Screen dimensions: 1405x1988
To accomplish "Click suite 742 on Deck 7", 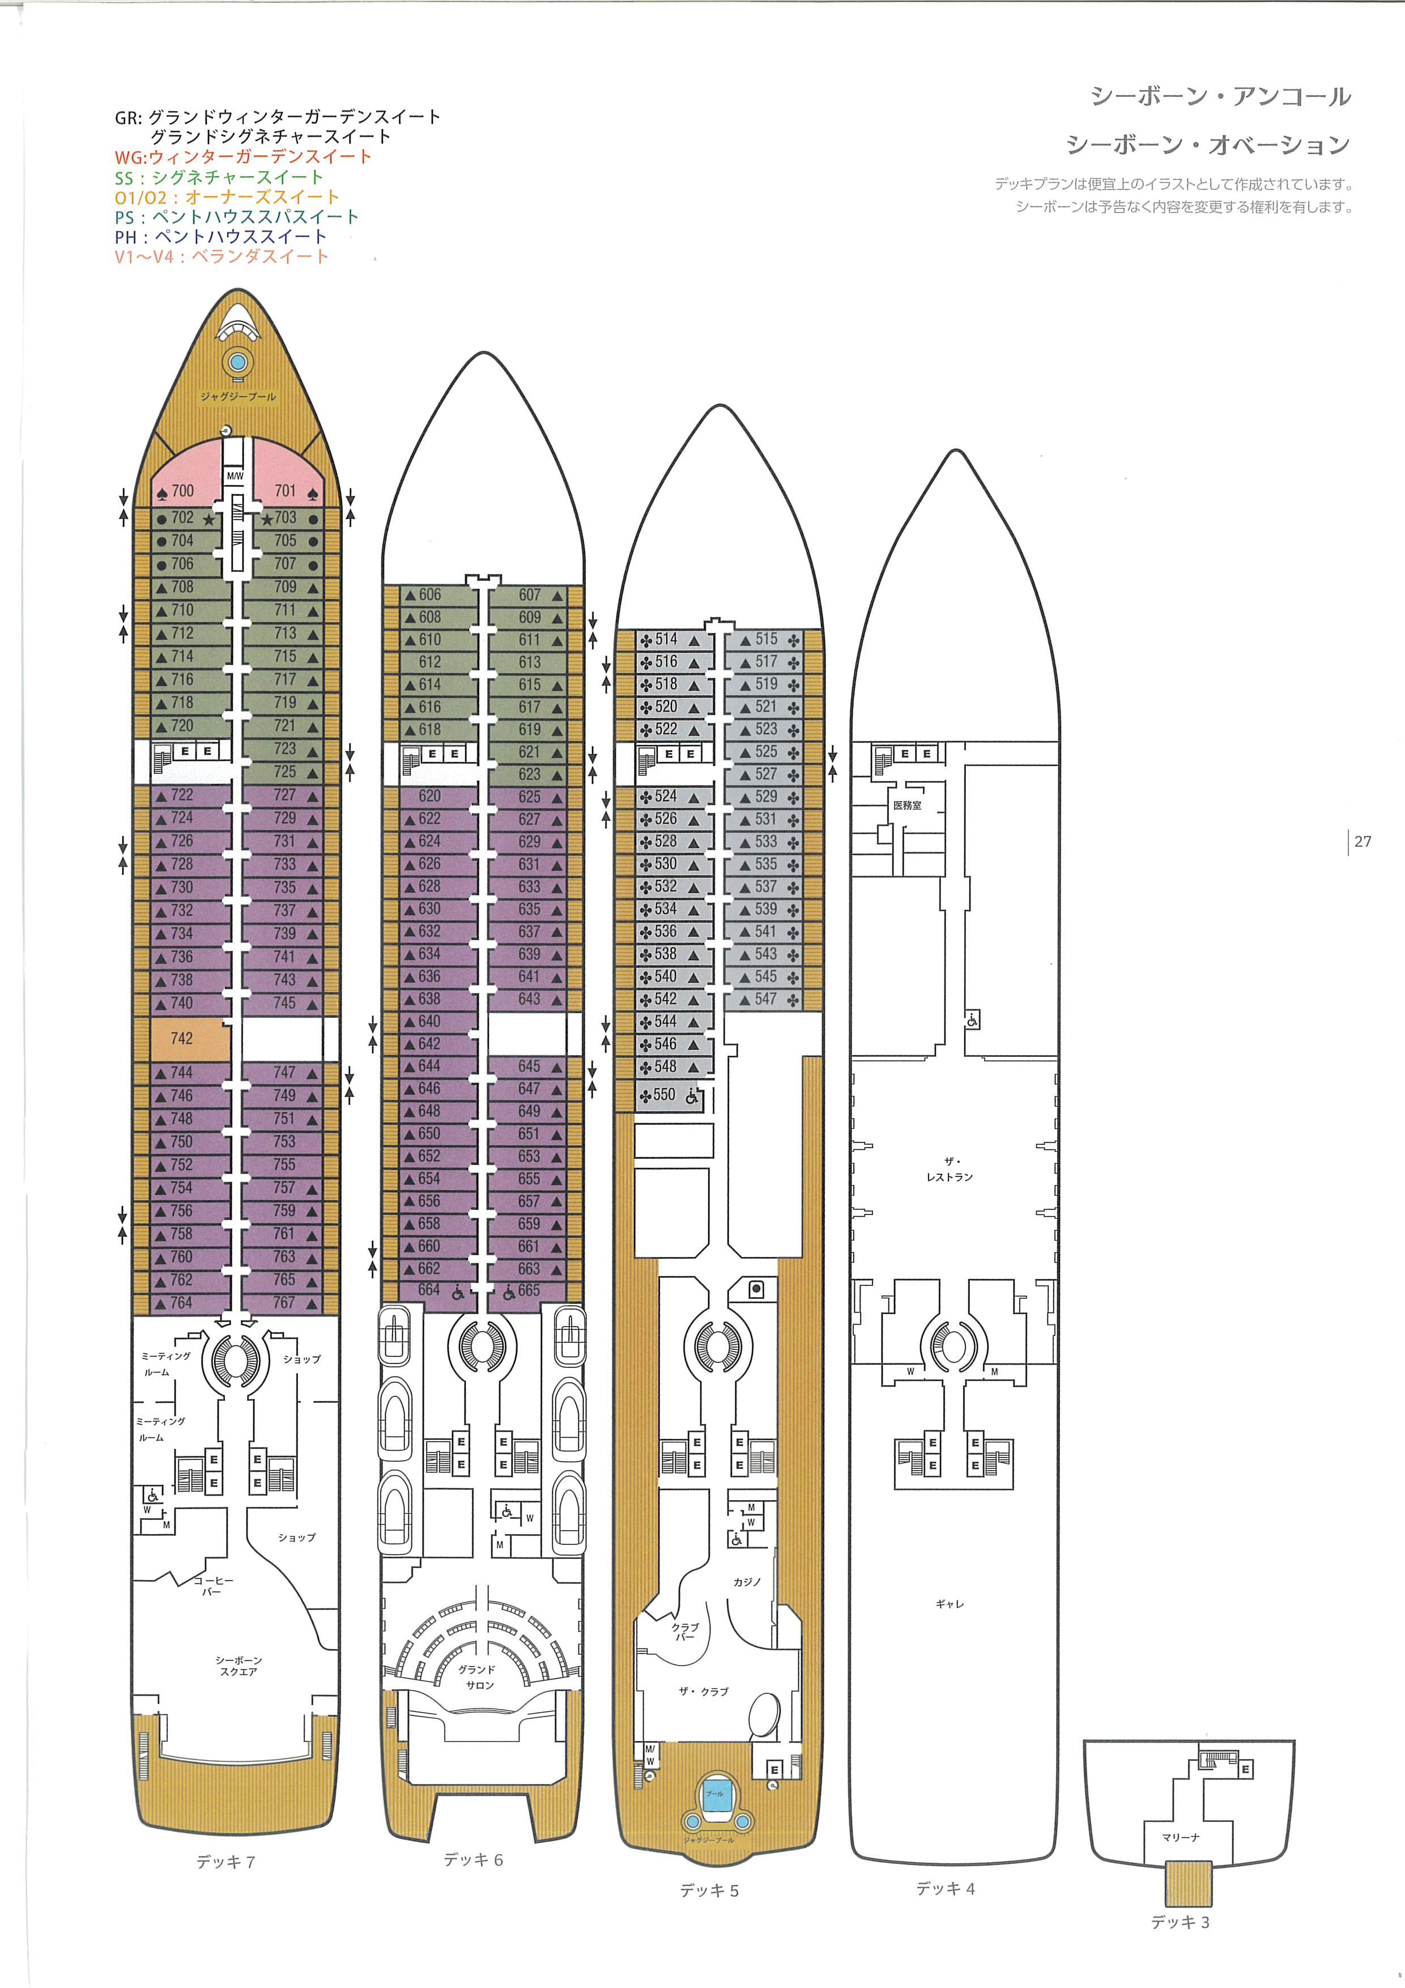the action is tap(182, 1038).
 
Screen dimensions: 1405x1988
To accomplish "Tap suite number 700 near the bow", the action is tap(182, 491).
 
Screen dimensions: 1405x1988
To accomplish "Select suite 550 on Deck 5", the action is tap(664, 1094).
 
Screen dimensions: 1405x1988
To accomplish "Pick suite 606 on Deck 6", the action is tap(429, 595).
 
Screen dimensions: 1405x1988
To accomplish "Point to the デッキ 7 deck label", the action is tap(225, 1862).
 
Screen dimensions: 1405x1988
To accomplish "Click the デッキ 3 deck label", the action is tap(1180, 1922).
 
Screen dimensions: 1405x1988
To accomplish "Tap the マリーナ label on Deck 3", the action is tap(1181, 1837).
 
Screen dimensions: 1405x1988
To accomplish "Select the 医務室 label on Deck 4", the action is tap(907, 805).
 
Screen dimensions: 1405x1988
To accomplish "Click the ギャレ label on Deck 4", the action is tap(950, 1604).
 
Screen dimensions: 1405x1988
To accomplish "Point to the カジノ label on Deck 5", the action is tap(747, 1582).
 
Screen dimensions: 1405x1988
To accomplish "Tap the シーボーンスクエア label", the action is tap(239, 1666).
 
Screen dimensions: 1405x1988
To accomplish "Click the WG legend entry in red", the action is tap(243, 157).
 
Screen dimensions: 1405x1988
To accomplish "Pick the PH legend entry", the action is tap(221, 236).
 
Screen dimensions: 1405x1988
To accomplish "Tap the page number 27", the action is tap(1363, 841).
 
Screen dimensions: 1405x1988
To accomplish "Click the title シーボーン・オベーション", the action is tap(1208, 145).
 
